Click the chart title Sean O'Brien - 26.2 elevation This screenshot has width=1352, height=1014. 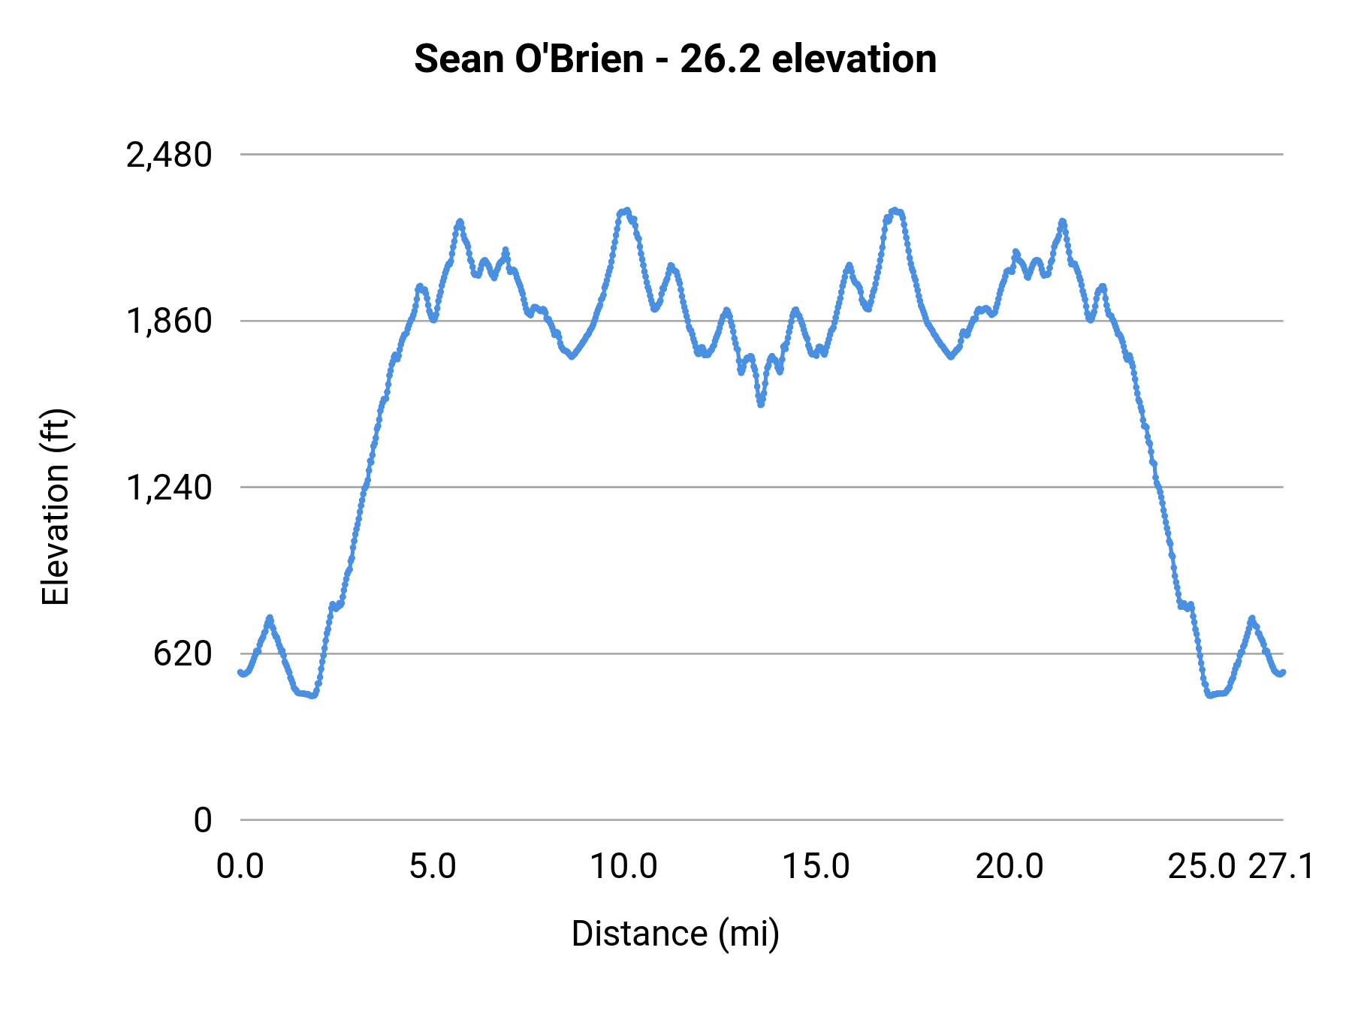click(x=674, y=59)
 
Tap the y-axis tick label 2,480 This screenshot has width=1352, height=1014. click(x=169, y=155)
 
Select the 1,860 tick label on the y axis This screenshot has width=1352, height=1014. click(x=169, y=321)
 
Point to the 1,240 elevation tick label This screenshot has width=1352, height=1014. click(x=169, y=487)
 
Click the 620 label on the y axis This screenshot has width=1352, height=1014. click(x=183, y=653)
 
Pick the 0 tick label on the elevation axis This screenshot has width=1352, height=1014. click(x=202, y=820)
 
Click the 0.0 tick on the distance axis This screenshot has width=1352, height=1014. click(x=240, y=867)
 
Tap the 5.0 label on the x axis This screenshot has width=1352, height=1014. click(x=433, y=867)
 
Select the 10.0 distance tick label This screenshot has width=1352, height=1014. click(x=624, y=867)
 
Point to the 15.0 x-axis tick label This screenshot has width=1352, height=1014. click(x=816, y=867)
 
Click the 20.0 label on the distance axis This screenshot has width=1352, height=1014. click(x=1009, y=867)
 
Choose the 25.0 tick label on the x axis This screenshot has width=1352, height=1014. click(x=1201, y=867)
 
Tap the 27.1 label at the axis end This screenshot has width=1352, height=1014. click(x=1281, y=867)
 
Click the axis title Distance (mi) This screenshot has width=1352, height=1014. click(x=674, y=934)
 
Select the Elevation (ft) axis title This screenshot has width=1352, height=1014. click(x=56, y=507)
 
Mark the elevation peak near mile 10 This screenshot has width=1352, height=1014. click(x=625, y=212)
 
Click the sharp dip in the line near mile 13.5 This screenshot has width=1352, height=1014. click(x=761, y=404)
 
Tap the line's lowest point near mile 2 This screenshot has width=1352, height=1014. click(x=313, y=695)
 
